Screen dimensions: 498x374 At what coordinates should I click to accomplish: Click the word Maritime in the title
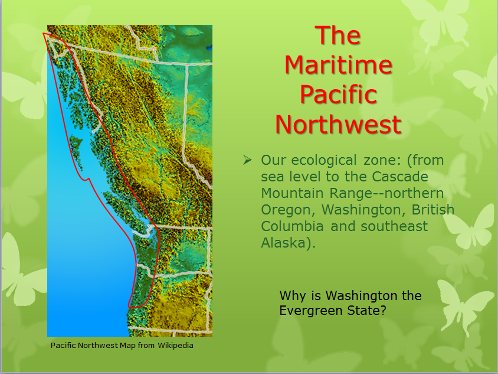[339, 65]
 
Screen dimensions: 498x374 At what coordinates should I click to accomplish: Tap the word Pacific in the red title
[339, 95]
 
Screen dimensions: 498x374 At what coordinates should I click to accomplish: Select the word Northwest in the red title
[339, 124]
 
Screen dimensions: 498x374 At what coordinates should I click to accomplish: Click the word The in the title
[338, 35]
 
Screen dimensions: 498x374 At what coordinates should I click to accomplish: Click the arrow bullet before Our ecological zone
[247, 160]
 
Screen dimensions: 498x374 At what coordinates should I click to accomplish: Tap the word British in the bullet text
[433, 210]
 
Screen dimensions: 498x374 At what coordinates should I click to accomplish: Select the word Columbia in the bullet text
[292, 226]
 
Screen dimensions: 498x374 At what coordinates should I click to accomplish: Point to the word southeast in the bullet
[394, 226]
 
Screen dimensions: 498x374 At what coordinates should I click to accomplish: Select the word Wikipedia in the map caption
[175, 346]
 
